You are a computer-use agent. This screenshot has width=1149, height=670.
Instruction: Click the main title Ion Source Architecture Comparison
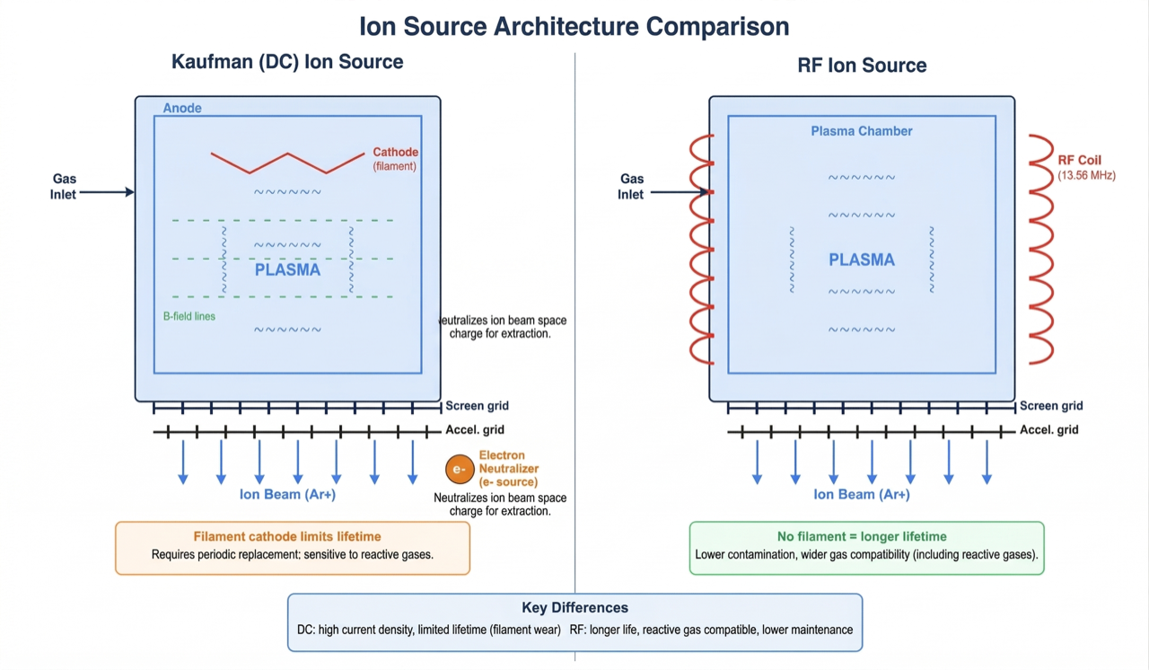(x=574, y=25)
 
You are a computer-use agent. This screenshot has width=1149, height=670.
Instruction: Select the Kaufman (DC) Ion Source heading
(x=287, y=62)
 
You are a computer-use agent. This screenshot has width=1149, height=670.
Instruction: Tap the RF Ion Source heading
(x=862, y=65)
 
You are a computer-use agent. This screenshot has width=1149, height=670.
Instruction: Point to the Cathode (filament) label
(x=396, y=158)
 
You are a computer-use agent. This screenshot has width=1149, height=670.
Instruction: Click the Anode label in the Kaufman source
(x=182, y=108)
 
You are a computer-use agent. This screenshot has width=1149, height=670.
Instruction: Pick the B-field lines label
(x=189, y=316)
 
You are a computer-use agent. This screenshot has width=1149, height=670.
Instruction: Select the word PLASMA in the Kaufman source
(x=287, y=269)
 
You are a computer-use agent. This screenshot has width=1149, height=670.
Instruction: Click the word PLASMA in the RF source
(x=862, y=260)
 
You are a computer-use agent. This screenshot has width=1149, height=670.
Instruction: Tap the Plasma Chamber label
(x=862, y=131)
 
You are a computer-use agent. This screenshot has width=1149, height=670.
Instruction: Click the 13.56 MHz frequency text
(x=1086, y=175)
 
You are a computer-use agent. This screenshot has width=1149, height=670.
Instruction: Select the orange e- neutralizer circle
(x=460, y=469)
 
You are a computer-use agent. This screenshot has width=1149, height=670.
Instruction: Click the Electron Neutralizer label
(x=508, y=469)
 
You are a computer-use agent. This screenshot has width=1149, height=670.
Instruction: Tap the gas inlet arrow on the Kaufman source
(x=107, y=191)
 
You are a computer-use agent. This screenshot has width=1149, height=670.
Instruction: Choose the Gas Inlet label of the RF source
(x=631, y=187)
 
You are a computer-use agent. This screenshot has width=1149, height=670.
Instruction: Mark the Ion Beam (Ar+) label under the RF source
(x=862, y=494)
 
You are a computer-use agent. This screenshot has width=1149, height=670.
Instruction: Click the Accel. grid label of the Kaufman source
(x=475, y=429)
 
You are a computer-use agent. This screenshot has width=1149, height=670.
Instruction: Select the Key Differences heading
(x=574, y=608)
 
